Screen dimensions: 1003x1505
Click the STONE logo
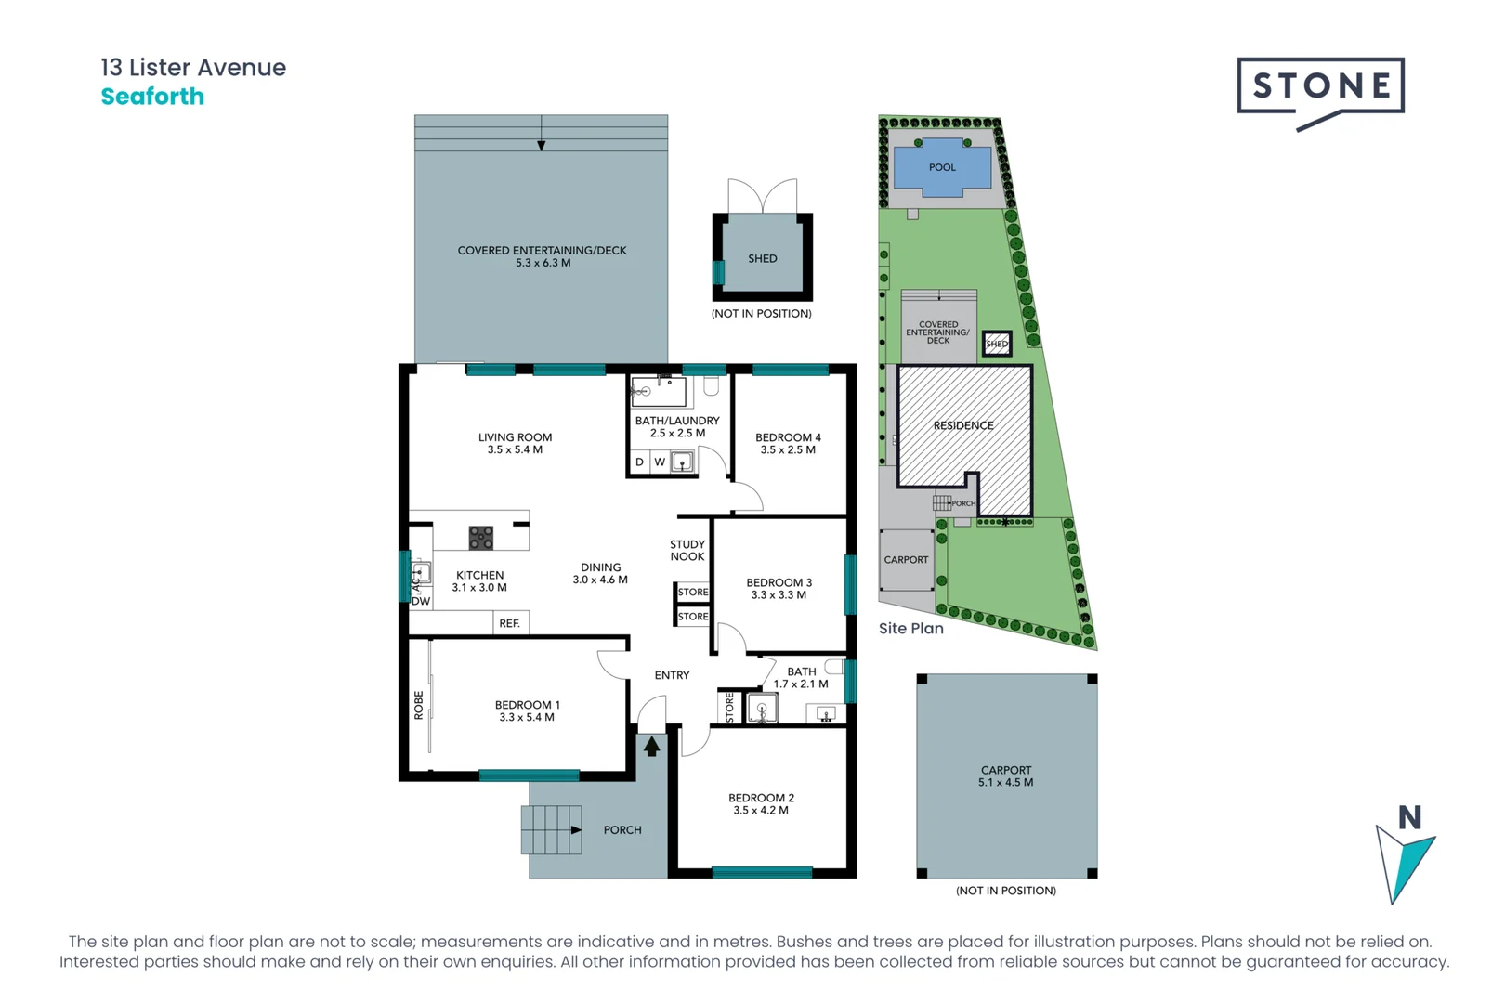(x=1320, y=87)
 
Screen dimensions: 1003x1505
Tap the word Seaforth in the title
(x=152, y=97)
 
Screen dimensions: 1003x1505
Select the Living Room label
(x=515, y=437)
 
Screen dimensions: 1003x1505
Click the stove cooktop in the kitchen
(x=480, y=538)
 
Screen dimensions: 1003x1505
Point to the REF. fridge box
(x=509, y=623)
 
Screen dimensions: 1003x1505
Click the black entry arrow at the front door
(x=652, y=746)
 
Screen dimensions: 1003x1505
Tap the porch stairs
(x=551, y=829)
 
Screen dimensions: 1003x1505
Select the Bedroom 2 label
(x=761, y=798)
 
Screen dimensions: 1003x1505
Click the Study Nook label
(x=687, y=551)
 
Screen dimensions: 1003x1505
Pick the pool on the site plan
(x=942, y=168)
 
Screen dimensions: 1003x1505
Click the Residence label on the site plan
(x=963, y=425)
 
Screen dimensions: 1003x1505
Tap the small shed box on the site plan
(x=997, y=344)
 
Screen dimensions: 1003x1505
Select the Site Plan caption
(x=910, y=629)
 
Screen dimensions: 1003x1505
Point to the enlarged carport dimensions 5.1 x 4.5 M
(x=1005, y=783)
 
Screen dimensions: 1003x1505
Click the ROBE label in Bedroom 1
(x=419, y=705)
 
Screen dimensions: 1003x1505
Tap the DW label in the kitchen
(x=421, y=601)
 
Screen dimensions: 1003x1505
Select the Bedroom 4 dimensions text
(x=788, y=450)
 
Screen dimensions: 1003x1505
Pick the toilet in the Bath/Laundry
(x=711, y=385)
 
